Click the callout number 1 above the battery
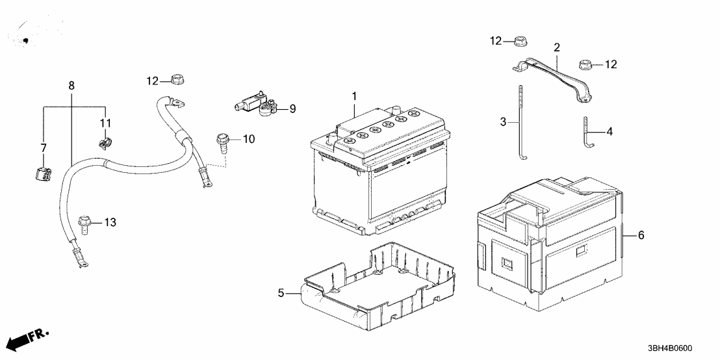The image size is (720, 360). pyautogui.click(x=355, y=97)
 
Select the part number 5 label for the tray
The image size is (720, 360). pyautogui.click(x=281, y=292)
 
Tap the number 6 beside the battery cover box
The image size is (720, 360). pyautogui.click(x=641, y=236)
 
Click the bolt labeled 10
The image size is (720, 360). pyautogui.click(x=223, y=141)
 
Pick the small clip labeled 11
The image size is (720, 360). pyautogui.click(x=105, y=142)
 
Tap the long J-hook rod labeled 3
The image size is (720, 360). pyautogui.click(x=522, y=123)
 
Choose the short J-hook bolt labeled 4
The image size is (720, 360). pyautogui.click(x=587, y=133)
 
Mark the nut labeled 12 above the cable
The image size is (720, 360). pyautogui.click(x=177, y=79)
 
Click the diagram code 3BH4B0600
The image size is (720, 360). pyautogui.click(x=671, y=348)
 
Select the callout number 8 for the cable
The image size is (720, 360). pyautogui.click(x=71, y=85)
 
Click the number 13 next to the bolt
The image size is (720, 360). pyautogui.click(x=110, y=223)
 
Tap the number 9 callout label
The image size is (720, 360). pyautogui.click(x=292, y=109)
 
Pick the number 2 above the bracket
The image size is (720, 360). pyautogui.click(x=557, y=47)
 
